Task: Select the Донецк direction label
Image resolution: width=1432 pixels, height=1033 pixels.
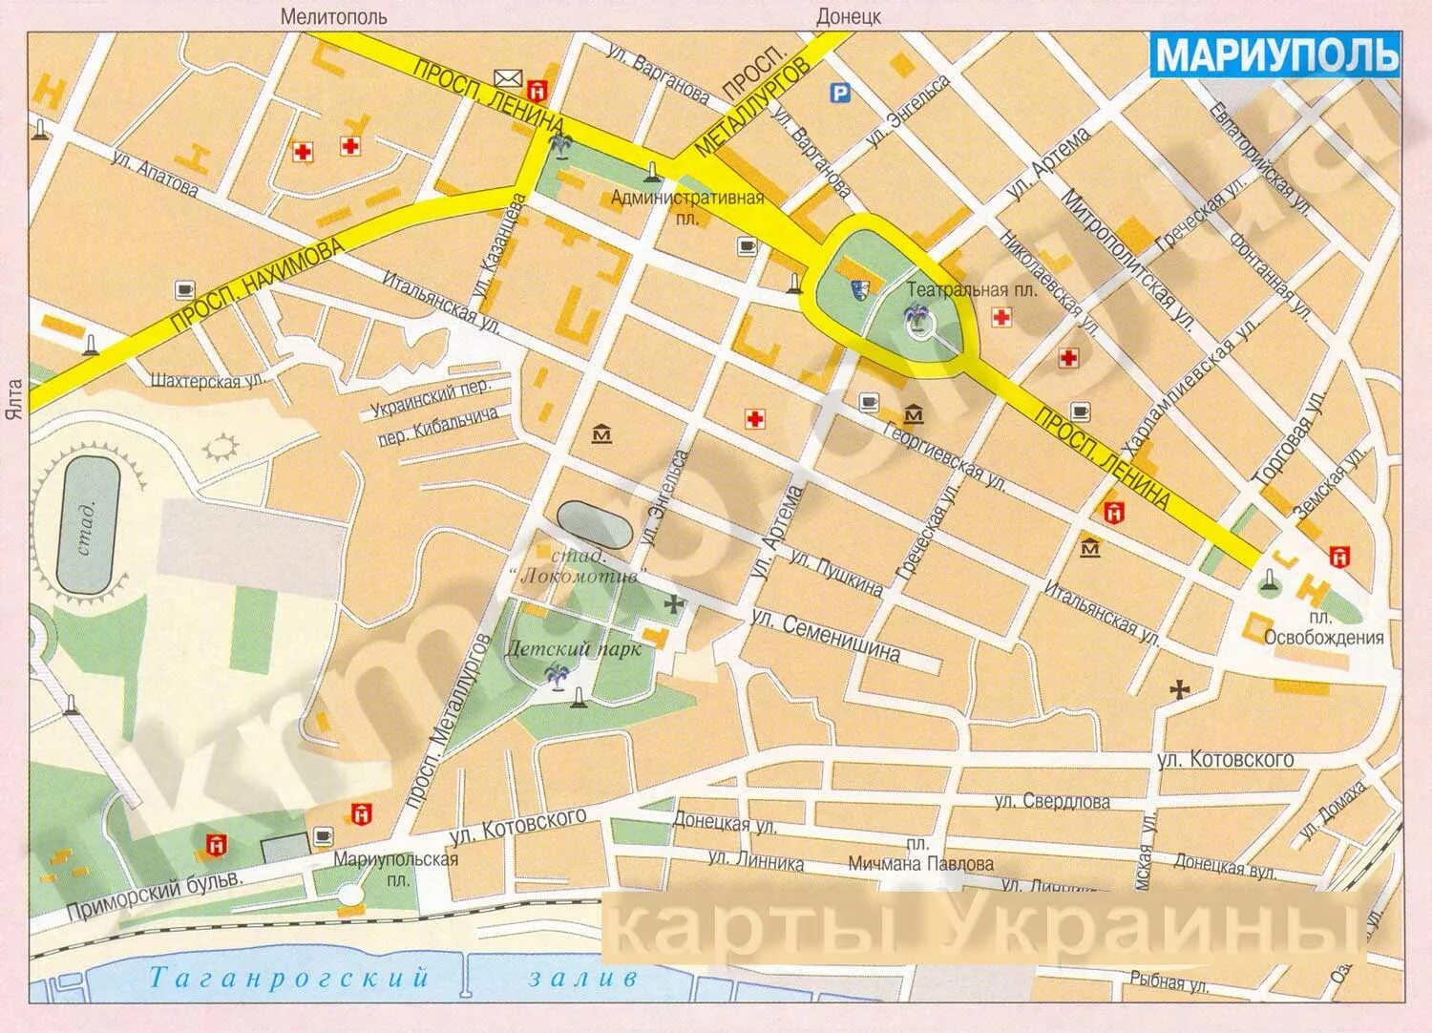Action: [x=849, y=16]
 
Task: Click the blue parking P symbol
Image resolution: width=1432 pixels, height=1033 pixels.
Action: [x=839, y=93]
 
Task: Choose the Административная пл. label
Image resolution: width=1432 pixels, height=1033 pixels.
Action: [x=687, y=207]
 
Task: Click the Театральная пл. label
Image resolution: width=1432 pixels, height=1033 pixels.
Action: [x=971, y=288]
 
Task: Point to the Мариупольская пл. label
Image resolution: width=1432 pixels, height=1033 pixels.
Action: [x=395, y=868]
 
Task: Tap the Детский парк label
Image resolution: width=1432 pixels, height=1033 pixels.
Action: [x=573, y=647]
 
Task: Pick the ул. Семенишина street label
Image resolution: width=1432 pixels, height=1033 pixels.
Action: [x=826, y=637]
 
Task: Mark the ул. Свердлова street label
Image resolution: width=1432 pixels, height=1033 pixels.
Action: [x=1051, y=801]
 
